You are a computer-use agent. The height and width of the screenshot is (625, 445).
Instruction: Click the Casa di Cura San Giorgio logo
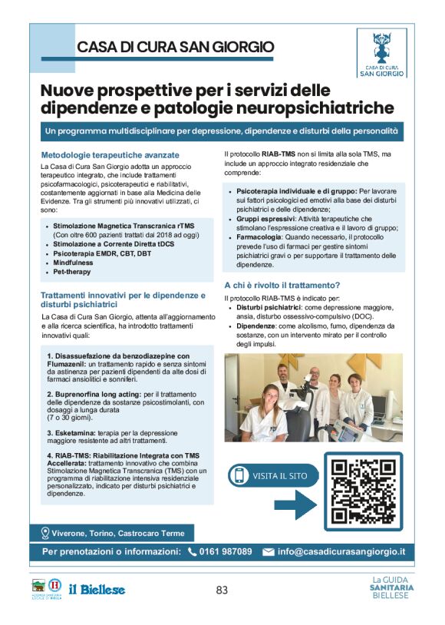[x=383, y=53]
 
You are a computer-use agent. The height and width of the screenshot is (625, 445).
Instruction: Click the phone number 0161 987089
[x=226, y=551]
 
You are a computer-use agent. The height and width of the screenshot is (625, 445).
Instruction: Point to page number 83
[x=222, y=590]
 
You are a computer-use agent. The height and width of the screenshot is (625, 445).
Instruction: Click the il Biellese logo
[x=97, y=589]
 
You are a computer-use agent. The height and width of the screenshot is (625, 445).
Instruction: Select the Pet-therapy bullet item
[x=71, y=272]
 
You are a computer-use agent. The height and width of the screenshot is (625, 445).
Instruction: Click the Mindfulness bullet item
[x=74, y=263]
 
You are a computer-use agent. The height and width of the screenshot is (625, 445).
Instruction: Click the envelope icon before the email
[x=268, y=551]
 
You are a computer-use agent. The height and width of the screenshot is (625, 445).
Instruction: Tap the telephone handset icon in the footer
[x=192, y=551]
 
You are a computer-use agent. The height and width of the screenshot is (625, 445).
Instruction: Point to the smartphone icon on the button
[x=239, y=475]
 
